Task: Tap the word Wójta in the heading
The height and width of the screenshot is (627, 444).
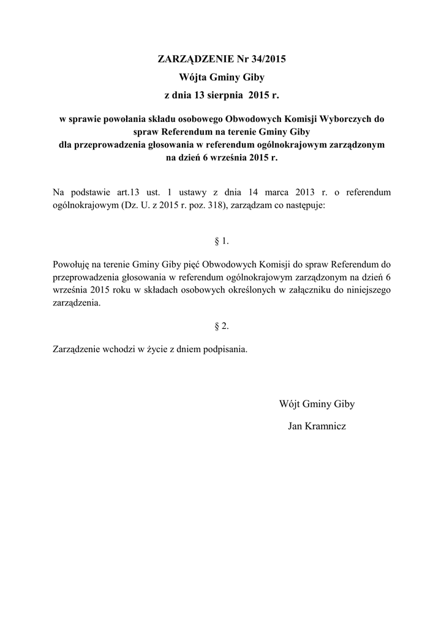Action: pyautogui.click(x=194, y=78)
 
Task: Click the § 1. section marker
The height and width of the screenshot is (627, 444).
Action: pyautogui.click(x=222, y=241)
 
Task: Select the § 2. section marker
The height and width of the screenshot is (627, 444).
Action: pyautogui.click(x=222, y=326)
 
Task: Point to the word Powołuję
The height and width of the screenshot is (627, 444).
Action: pyautogui.click(x=72, y=265)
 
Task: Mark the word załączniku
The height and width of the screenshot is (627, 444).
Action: pyautogui.click(x=304, y=290)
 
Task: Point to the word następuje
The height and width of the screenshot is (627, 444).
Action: pyautogui.click(x=306, y=206)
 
